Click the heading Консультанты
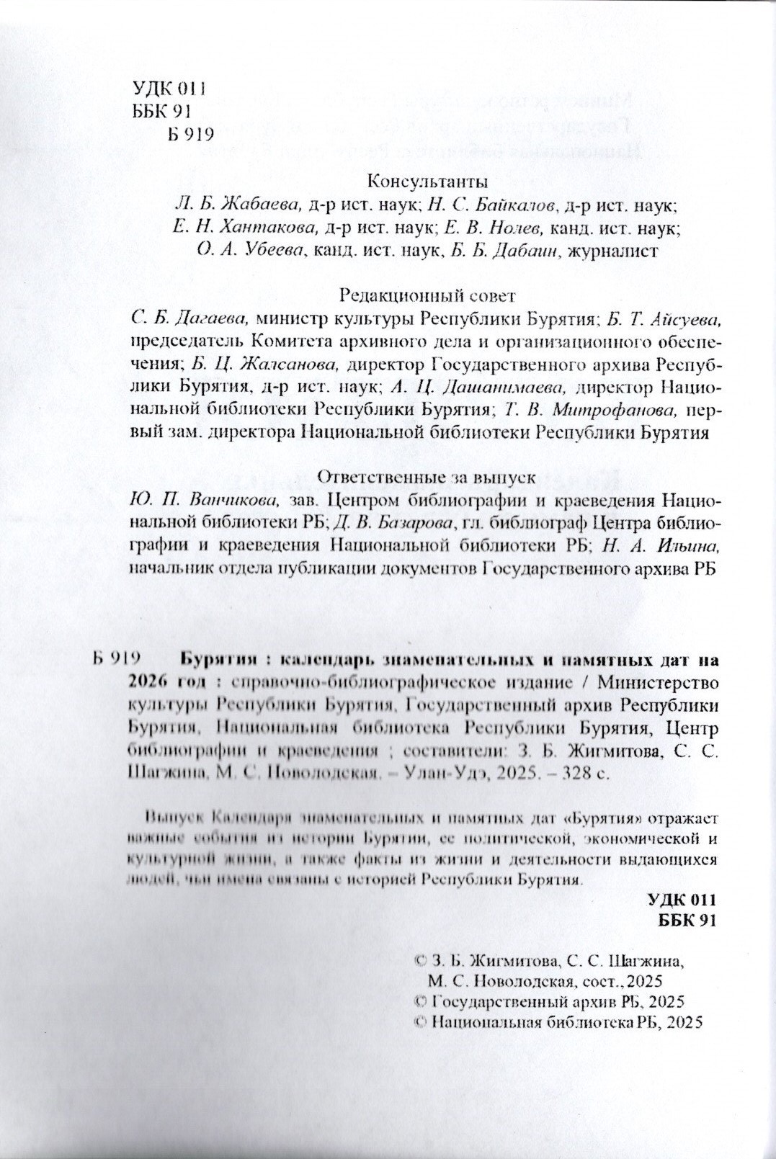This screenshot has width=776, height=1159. (x=417, y=180)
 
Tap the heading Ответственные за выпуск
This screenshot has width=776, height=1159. (x=427, y=477)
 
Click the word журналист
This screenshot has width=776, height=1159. (x=613, y=251)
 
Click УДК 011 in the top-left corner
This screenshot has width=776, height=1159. (x=170, y=89)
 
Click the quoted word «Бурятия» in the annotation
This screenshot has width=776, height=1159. (x=601, y=818)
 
